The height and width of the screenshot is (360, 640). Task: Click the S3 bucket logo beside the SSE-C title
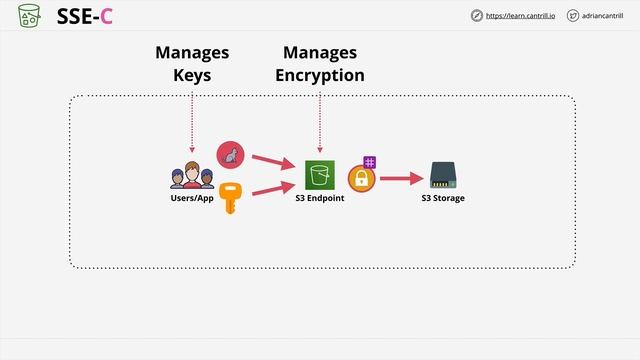tap(30, 15)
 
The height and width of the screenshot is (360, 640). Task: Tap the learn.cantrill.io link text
tap(520, 16)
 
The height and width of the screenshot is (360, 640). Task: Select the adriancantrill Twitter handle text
tap(605, 16)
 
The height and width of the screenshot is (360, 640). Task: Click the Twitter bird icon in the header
tap(572, 16)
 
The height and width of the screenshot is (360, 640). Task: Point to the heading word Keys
tap(192, 75)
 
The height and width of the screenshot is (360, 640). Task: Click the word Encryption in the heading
tap(320, 75)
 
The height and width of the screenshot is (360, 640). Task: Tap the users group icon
tap(192, 176)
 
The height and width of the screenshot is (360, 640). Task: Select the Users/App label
tap(192, 198)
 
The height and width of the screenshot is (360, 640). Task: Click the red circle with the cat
tap(230, 154)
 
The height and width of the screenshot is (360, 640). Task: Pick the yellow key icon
tap(231, 196)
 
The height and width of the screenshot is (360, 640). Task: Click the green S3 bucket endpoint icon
tap(320, 175)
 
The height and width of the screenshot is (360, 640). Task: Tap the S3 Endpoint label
tap(320, 198)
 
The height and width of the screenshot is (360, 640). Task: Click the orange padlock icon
tap(360, 179)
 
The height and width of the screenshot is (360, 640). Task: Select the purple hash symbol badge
tap(370, 161)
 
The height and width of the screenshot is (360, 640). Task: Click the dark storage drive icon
tap(443, 175)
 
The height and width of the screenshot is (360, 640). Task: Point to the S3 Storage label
tap(443, 198)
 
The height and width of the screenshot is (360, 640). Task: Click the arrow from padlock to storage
tap(400, 179)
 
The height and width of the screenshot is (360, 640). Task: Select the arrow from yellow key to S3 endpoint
tap(272, 187)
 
